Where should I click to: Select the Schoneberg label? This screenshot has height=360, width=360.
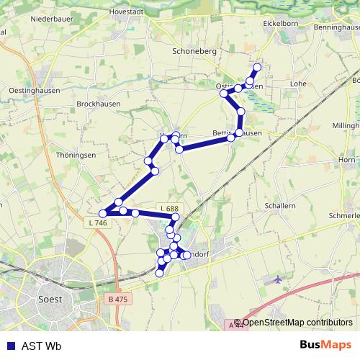(194, 52)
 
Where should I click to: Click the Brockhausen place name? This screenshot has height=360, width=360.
(97, 104)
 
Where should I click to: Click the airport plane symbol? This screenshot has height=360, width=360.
(278, 279)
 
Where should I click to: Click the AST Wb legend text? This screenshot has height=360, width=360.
(41, 345)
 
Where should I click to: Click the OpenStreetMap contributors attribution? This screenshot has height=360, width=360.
(297, 323)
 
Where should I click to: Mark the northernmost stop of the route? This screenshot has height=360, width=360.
(256, 67)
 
